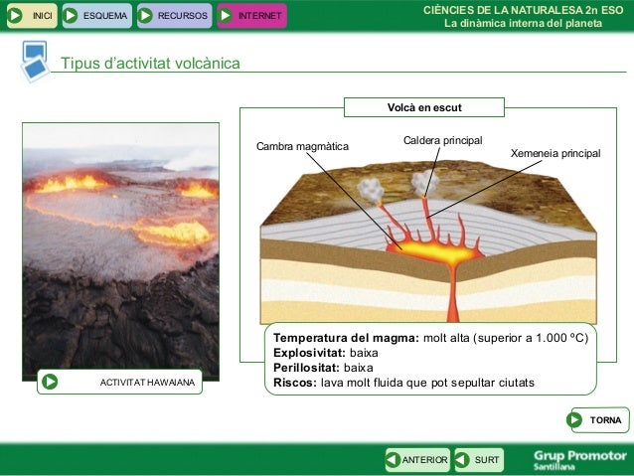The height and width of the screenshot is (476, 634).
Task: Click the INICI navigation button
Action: click(x=30, y=15)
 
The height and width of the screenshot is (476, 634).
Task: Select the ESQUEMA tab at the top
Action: click(x=94, y=15)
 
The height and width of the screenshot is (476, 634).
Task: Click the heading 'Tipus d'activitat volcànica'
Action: click(x=150, y=64)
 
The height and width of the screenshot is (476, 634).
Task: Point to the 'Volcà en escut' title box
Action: click(x=424, y=106)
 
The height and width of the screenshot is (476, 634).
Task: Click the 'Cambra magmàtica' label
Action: click(x=302, y=147)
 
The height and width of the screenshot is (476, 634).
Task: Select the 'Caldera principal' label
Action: click(x=442, y=140)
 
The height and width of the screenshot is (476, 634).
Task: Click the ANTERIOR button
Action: click(x=418, y=459)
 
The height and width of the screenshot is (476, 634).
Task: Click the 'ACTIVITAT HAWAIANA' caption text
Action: click(x=148, y=382)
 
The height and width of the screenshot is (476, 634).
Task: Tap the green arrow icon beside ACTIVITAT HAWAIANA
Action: click(x=51, y=382)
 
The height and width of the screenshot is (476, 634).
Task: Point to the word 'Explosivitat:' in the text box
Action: click(x=309, y=352)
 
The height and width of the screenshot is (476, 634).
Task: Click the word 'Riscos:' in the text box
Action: click(x=295, y=382)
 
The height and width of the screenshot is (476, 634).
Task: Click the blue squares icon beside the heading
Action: click(x=34, y=61)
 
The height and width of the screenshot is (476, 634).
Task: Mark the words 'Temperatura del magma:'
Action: click(x=346, y=337)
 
